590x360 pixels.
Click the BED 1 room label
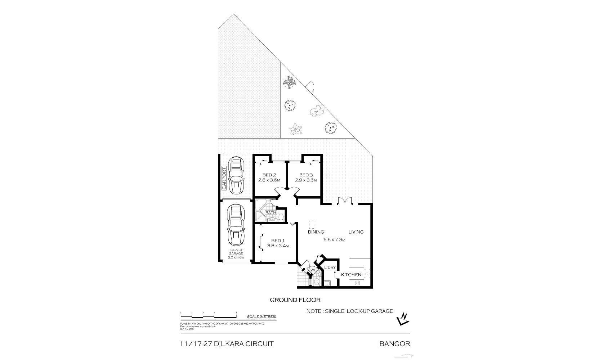point(278,240)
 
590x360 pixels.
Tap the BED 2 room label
point(269,175)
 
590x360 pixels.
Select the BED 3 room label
point(306,175)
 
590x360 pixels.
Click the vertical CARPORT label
point(224,178)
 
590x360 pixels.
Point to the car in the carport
point(236,175)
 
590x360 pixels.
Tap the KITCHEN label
point(351,275)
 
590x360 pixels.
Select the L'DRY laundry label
point(330,267)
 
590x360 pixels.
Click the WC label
point(313,270)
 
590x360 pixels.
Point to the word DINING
point(316,232)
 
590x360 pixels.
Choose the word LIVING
point(356,232)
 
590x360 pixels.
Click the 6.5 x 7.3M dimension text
point(335,240)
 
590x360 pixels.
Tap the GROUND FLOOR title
point(295,300)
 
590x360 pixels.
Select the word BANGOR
point(395,344)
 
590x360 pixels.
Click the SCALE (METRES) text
point(262,317)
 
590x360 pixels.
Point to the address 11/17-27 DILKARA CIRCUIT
point(227,344)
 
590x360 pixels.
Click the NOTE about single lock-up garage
point(349,311)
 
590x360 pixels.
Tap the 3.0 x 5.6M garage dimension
point(236,257)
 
